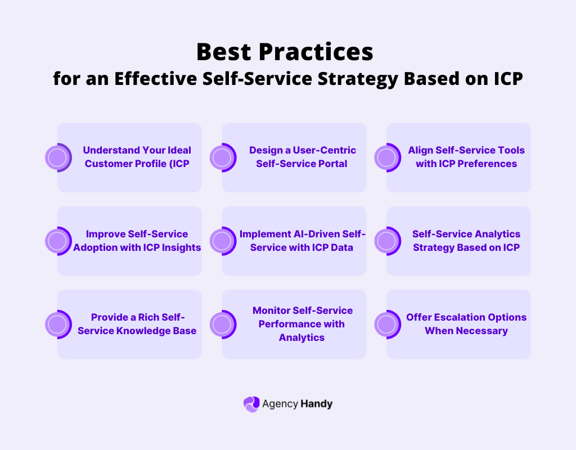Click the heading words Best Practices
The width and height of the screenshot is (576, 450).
[285, 52]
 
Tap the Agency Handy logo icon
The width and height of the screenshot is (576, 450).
[251, 404]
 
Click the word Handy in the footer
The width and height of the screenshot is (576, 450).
[317, 404]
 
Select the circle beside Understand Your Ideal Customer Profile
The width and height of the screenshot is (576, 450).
[57, 157]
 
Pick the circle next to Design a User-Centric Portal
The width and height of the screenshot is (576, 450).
[222, 157]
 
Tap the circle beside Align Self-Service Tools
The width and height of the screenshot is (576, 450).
[387, 157]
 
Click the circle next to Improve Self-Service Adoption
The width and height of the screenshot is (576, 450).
[57, 241]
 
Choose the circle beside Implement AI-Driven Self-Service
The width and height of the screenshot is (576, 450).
[222, 241]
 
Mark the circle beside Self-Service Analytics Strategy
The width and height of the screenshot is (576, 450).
[387, 241]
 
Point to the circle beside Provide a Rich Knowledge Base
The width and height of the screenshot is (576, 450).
[57, 324]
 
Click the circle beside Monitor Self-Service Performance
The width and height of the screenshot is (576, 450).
[222, 324]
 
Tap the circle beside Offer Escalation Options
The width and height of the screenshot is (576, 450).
[387, 324]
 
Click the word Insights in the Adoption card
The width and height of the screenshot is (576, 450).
[181, 247]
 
